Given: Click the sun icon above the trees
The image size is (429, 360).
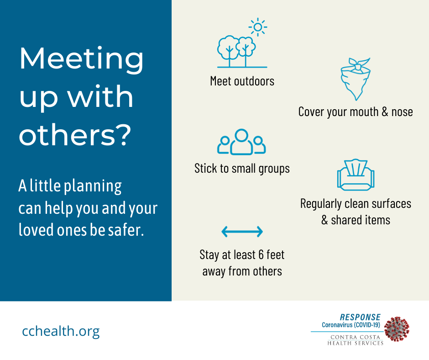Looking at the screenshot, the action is tap(258, 27).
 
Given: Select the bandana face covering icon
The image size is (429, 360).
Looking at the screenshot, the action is tap(356, 79).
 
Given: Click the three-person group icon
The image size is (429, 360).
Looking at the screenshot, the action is tap(241, 142).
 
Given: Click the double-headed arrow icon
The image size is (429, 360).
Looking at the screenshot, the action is tap(242, 232).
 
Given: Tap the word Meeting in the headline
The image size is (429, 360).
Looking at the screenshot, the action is tap(81, 59).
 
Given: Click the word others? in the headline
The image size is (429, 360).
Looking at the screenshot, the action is tap(75, 134).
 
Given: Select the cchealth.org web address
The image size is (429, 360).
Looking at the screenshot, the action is tap(61, 331).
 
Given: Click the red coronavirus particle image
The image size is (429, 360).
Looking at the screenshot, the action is tap(397, 329).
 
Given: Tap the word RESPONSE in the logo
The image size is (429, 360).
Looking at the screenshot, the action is tap(360, 317).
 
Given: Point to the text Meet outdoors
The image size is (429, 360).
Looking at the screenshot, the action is tap(242, 81).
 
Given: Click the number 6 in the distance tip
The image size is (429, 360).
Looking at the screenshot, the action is tap(261, 255).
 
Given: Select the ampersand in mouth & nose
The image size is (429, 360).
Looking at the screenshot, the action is tap(385, 112).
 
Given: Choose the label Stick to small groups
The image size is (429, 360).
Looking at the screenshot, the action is tap(242, 169).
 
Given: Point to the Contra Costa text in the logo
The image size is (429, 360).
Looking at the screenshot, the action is tap(356, 337).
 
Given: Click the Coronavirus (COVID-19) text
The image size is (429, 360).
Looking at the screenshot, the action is tap(351, 325).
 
